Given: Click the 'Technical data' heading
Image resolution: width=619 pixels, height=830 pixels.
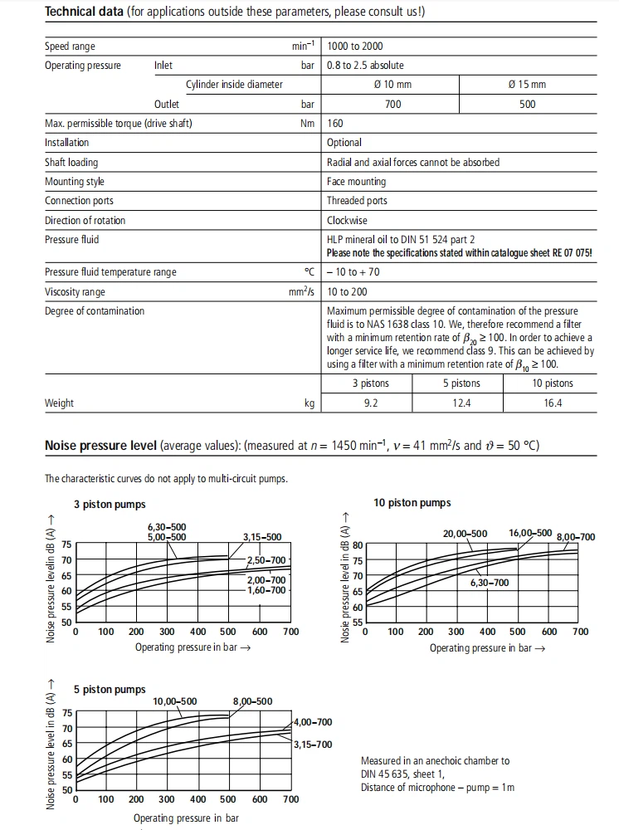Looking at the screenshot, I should point(84,12).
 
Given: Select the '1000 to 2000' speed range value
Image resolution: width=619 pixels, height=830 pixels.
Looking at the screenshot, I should point(355,46).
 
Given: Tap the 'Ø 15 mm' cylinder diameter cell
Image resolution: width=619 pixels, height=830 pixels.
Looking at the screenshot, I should point(527,85).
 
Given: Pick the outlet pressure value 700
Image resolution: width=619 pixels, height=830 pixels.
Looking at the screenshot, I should point(392,104).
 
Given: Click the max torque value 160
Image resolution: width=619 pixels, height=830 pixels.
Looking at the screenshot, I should point(335,124).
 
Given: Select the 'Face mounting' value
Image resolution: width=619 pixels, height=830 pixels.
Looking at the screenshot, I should point(356,182).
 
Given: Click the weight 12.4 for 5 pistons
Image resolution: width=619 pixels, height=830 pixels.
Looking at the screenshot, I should point(461,403).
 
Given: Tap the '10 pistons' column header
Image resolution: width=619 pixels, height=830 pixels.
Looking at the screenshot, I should point(553,383).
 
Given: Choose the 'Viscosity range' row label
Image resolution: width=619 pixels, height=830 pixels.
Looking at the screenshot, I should point(75,292).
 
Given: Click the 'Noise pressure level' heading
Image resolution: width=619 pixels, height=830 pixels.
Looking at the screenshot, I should point(100,446).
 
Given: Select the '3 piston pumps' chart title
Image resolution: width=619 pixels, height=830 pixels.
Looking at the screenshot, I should point(110,505).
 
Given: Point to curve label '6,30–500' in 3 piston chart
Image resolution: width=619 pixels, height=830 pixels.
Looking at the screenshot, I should point(167,527).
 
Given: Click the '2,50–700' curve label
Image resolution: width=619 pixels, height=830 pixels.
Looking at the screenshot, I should point(266,561).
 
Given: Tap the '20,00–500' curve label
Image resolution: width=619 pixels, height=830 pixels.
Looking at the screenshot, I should point(465,534).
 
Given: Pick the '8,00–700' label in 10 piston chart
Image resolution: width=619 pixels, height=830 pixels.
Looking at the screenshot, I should point(576,537).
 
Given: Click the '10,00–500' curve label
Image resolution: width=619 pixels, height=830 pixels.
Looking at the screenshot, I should point(174,702).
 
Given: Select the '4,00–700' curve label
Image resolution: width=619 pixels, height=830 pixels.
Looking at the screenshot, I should point(313,723).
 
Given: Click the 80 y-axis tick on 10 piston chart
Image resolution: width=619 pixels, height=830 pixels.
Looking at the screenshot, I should point(358,545).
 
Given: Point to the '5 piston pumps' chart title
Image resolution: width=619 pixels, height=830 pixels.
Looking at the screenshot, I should point(110,690).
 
